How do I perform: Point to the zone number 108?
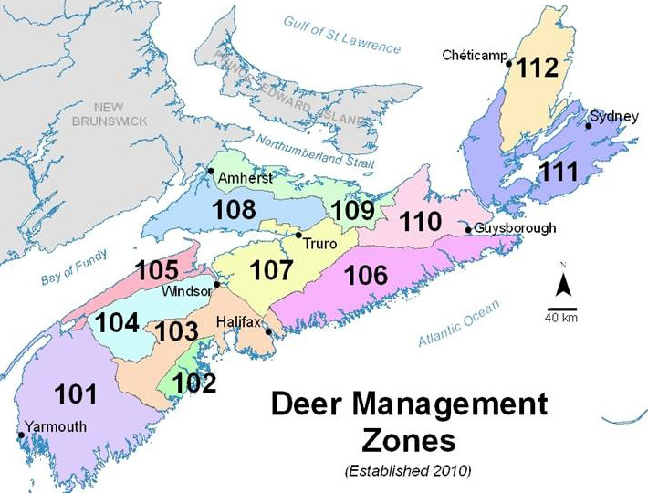point(235,211)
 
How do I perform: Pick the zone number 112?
point(538,69)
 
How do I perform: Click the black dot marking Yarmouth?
point(21,435)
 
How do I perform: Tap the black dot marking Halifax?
point(267,332)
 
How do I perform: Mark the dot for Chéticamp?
point(510,61)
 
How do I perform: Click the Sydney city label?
point(608,116)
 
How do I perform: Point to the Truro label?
point(320,245)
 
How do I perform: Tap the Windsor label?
point(183,291)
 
